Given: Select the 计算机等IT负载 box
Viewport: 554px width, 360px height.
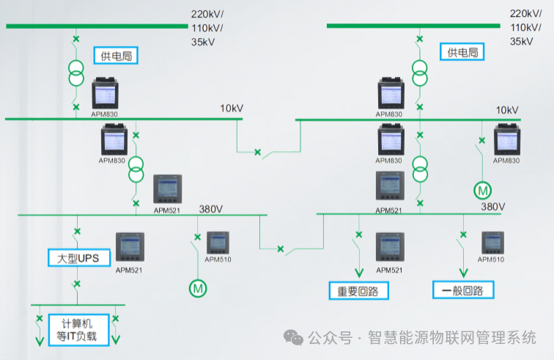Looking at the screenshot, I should pos(78,330).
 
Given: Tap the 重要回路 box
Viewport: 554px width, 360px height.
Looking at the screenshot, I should pos(358,290).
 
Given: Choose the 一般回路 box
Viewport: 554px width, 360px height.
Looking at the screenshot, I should pos(463,290).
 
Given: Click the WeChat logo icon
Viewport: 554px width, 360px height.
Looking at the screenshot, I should pos(294,338).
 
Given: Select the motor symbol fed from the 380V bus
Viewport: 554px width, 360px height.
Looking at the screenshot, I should pos(198,288).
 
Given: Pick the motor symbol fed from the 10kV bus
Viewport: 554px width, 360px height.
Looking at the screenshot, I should pos(482,191).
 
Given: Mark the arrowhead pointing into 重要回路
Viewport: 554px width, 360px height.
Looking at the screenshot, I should pos(358,271).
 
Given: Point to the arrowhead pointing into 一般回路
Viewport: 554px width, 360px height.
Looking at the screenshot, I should pos(462,271).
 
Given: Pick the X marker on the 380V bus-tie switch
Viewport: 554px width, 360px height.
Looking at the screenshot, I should pos(280,249).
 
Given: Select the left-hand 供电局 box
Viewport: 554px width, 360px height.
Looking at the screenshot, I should pos(116,55).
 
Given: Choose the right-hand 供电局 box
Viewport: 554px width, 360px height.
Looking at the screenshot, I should pos(462,52).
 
